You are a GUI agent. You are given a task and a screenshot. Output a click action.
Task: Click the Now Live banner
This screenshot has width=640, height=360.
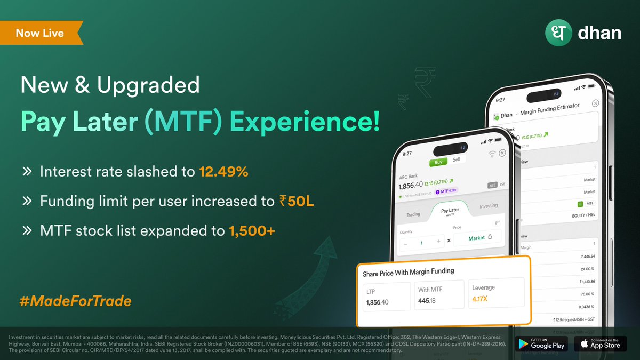click(x=40, y=33)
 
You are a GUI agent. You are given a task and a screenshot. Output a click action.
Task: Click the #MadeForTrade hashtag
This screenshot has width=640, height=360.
click(x=75, y=301)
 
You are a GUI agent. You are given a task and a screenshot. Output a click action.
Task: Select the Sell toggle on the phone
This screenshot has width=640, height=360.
click(x=456, y=159)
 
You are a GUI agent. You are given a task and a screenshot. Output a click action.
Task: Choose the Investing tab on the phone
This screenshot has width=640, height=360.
click(x=488, y=206)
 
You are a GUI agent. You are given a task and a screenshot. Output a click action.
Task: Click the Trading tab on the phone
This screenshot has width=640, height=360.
click(x=413, y=214)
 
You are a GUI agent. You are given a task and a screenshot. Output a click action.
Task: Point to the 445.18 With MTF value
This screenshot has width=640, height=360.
click(x=428, y=301)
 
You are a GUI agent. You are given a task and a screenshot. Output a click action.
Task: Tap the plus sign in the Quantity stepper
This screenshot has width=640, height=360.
click(x=438, y=242)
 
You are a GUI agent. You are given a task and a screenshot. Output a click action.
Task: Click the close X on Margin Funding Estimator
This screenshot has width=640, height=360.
click(x=596, y=103)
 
